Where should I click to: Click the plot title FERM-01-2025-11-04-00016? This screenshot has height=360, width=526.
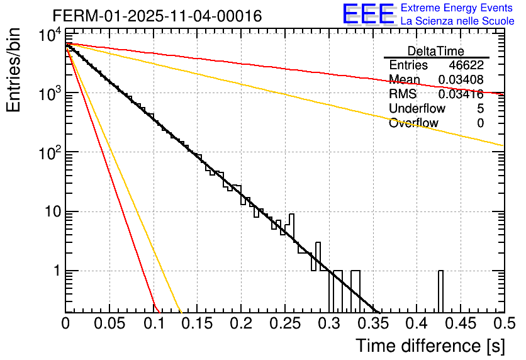tap(157, 16)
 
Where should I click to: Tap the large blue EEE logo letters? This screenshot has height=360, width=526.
tap(368, 14)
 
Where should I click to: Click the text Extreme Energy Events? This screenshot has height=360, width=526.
tap(457, 8)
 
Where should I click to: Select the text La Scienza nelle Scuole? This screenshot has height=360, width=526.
tap(457, 21)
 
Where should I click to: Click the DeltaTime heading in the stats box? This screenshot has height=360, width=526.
tap(436, 51)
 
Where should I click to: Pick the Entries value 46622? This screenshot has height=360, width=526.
tap(466, 65)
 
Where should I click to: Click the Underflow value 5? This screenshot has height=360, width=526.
tap(480, 108)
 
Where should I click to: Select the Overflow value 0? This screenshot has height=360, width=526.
tap(480, 123)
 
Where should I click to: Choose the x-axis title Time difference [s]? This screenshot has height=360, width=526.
tap(429, 345)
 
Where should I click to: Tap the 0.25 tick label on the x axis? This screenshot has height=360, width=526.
tap(285, 324)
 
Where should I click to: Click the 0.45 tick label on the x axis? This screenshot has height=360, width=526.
tap(460, 324)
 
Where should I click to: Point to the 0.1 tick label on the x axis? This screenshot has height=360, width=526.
tap(154, 324)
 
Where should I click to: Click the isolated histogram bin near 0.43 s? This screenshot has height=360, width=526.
tap(440, 291)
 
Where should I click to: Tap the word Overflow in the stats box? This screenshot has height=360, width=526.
tap(413, 123)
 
